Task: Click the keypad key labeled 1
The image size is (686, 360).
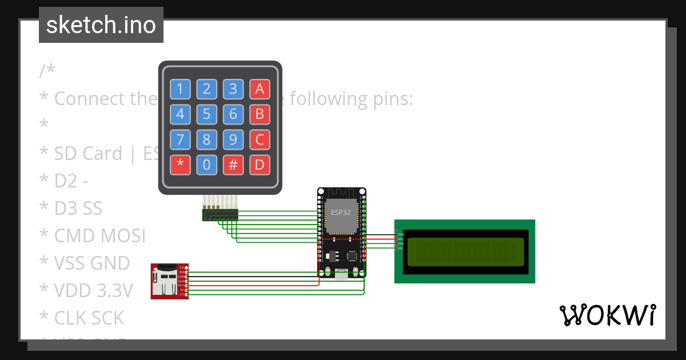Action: [x=180, y=89]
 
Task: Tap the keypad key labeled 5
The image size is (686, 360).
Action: [x=206, y=114]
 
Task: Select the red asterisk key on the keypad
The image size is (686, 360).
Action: [x=180, y=165]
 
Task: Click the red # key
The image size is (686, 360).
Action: [x=233, y=165]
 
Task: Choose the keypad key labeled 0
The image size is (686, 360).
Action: [x=206, y=165]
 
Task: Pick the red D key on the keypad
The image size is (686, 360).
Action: [x=259, y=165]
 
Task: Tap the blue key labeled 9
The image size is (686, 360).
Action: [x=233, y=139]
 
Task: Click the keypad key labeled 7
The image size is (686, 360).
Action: [x=180, y=139]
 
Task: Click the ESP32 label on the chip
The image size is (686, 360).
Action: [x=341, y=212]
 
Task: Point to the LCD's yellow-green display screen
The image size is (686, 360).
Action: [x=464, y=252]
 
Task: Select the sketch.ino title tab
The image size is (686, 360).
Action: [x=101, y=25]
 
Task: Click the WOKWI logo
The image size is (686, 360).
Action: [x=607, y=315]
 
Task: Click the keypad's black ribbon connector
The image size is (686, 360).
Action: [x=220, y=215]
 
